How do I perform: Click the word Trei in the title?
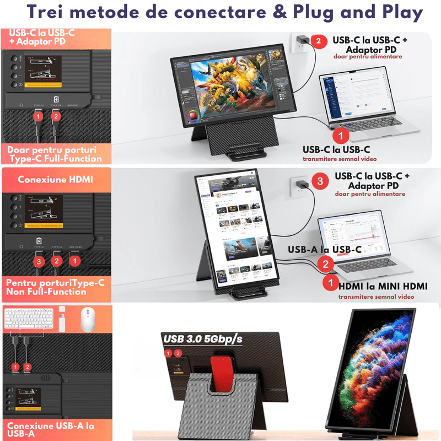[41, 13]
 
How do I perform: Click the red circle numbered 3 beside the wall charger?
[317, 181]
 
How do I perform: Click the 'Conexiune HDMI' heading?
[56, 180]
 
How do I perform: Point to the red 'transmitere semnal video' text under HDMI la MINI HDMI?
[376, 297]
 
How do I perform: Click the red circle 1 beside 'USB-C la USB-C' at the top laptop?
[342, 134]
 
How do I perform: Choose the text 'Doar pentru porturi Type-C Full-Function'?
[55, 154]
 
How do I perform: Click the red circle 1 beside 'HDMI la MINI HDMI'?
[330, 283]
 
